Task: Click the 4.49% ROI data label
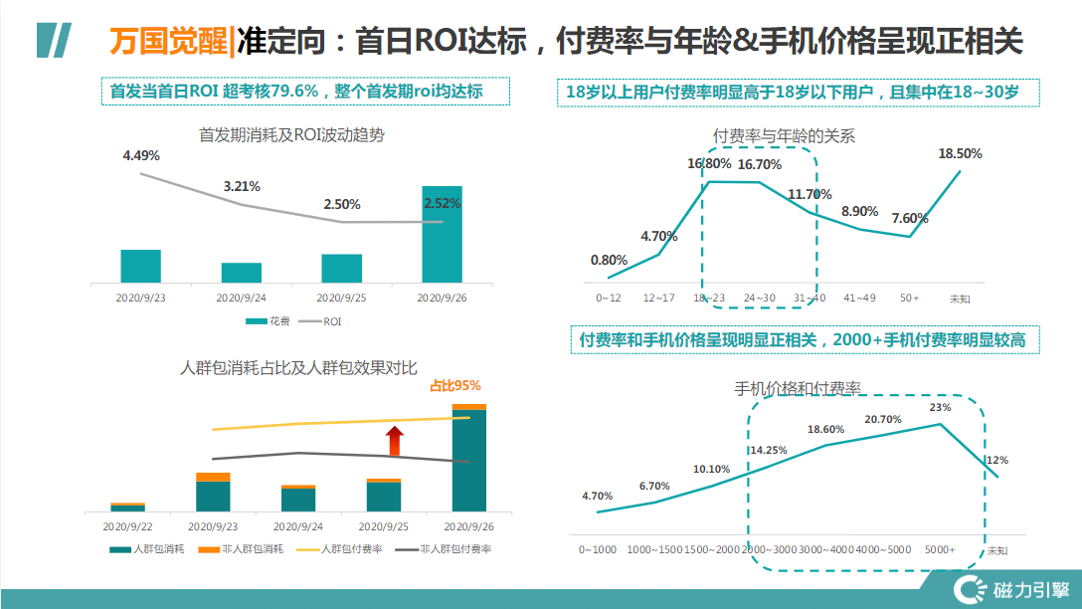(141, 155)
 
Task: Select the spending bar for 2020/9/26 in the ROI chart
(442, 234)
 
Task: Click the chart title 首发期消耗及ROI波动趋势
(291, 134)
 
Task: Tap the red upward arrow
(395, 440)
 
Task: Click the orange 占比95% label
(455, 386)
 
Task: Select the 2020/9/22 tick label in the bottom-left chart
(127, 525)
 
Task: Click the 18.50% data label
(960, 153)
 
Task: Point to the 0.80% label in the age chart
(609, 260)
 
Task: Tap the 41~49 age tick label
(859, 298)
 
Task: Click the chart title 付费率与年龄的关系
(785, 135)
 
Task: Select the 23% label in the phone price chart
(940, 407)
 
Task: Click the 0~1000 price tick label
(598, 549)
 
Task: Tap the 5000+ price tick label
(940, 549)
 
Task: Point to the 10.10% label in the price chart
(711, 469)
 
